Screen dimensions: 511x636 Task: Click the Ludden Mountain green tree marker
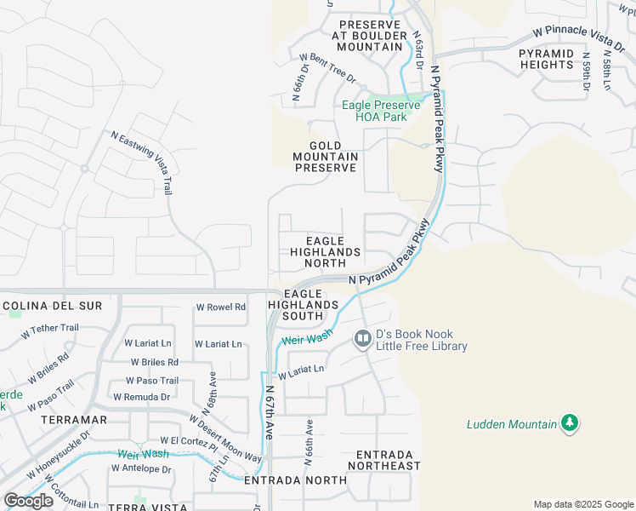570,423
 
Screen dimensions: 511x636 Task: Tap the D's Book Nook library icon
363,340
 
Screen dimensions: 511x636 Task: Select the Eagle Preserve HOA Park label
374,111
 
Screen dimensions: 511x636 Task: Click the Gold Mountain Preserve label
326,157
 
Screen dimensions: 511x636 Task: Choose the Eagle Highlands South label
304,304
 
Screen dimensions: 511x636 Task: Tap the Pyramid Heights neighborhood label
546,59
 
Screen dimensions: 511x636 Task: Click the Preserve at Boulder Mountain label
368,36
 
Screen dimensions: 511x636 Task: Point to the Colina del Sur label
53,305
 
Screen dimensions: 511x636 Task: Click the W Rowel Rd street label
220,307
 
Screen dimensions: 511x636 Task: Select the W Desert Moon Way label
225,439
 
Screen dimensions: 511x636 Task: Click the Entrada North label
295,480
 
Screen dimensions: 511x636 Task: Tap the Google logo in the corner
29,501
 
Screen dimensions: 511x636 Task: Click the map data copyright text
583,504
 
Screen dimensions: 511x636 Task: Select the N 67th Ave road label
270,411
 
